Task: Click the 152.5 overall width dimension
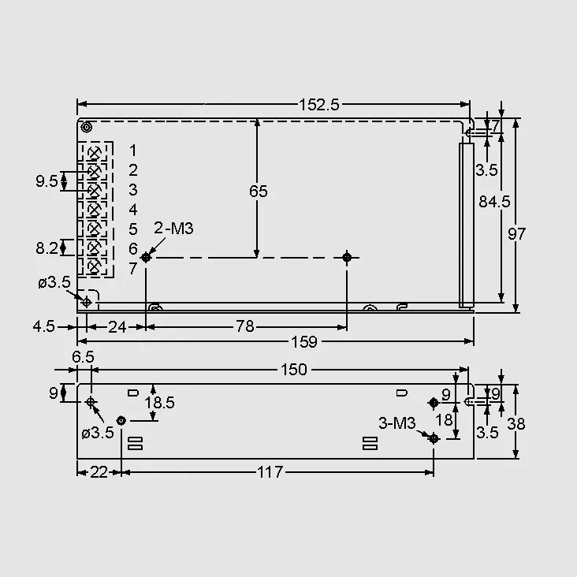coord(318,105)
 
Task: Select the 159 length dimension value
coord(304,342)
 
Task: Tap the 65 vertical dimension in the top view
coord(259,192)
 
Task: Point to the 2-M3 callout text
coord(173,229)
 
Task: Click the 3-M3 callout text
coord(397,423)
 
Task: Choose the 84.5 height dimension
coord(494,202)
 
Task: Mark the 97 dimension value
coord(516,233)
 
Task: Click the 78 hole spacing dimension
coord(244,326)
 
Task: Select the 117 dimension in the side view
coord(270,472)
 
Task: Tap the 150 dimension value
coord(294,370)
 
